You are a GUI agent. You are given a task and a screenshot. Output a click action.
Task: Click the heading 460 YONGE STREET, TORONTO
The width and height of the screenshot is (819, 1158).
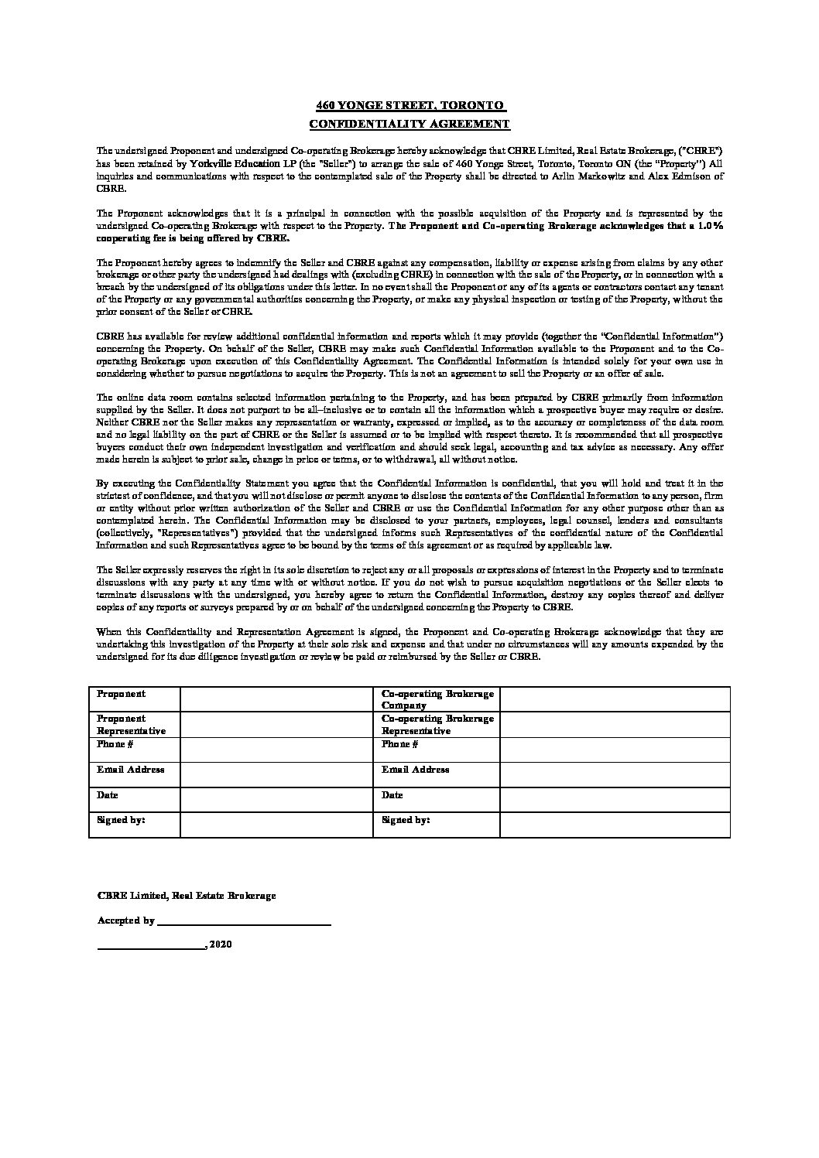(x=409, y=105)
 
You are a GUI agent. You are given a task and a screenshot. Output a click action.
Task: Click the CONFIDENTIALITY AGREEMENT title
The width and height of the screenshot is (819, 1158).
(x=409, y=124)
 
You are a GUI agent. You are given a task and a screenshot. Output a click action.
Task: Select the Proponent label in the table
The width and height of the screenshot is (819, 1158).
(x=121, y=695)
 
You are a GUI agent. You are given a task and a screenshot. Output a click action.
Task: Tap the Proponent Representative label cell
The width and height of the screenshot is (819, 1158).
(x=131, y=725)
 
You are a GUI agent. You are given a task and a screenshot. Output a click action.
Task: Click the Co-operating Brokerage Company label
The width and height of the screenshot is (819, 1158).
(x=437, y=700)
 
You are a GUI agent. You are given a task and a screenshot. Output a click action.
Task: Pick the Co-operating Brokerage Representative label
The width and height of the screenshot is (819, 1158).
(x=437, y=725)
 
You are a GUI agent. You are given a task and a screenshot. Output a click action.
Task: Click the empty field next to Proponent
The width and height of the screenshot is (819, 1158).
(x=276, y=699)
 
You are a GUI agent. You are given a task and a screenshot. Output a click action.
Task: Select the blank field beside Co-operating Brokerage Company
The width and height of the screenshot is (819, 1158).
(x=615, y=699)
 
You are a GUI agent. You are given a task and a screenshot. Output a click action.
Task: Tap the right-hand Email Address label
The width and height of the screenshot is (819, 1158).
(x=415, y=770)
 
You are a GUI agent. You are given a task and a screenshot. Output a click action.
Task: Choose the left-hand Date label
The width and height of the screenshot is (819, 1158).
(x=107, y=795)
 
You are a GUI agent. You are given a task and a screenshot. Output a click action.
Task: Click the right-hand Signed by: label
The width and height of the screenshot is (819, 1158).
(x=406, y=820)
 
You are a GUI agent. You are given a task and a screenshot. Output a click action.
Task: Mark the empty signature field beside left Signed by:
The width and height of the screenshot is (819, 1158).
(x=276, y=825)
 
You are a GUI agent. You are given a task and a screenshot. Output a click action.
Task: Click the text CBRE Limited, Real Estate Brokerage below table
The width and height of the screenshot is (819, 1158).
(x=186, y=896)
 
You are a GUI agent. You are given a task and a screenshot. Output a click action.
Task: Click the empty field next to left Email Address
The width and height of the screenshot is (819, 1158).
(x=276, y=774)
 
